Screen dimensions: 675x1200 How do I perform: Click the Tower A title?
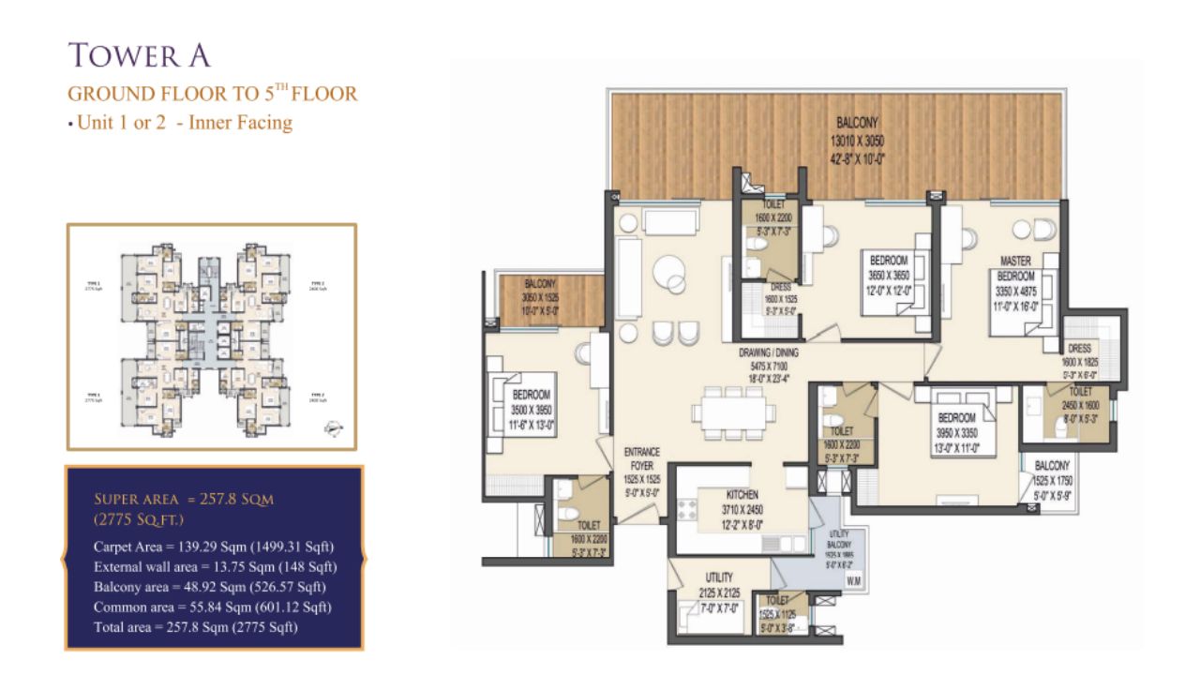pos(140,55)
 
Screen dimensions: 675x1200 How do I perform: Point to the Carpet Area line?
pos(214,547)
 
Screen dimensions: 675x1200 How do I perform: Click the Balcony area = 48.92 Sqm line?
pos(209,587)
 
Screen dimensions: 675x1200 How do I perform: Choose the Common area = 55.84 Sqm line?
pos(213,607)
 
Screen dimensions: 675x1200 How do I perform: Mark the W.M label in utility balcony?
pos(852,580)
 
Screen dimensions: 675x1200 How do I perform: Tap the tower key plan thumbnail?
pos(211,337)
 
